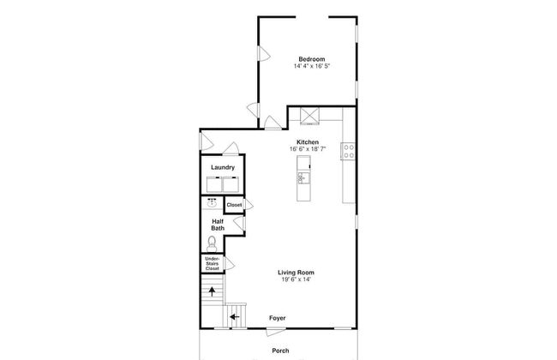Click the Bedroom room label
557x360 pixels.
(x=312, y=59)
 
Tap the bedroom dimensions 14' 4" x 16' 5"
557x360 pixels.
(x=312, y=66)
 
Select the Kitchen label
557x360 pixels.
(x=308, y=142)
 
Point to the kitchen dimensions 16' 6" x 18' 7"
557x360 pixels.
(x=308, y=149)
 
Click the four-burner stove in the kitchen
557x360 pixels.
(x=348, y=151)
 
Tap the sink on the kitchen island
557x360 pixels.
(x=303, y=177)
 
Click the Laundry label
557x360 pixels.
(x=223, y=167)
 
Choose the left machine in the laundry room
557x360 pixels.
(x=214, y=184)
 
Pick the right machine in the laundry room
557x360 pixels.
(x=231, y=184)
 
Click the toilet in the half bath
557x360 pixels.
(x=212, y=243)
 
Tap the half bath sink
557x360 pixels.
(x=212, y=203)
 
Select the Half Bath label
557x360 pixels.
(x=218, y=225)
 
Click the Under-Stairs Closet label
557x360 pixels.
(x=212, y=264)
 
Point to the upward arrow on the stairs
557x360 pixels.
(x=212, y=291)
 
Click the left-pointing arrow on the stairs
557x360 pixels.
(x=235, y=316)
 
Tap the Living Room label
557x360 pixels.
(x=296, y=273)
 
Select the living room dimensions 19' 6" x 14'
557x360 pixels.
(x=296, y=279)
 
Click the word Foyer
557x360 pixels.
(x=277, y=318)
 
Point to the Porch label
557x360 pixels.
(x=280, y=351)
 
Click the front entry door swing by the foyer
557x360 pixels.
(x=276, y=333)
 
